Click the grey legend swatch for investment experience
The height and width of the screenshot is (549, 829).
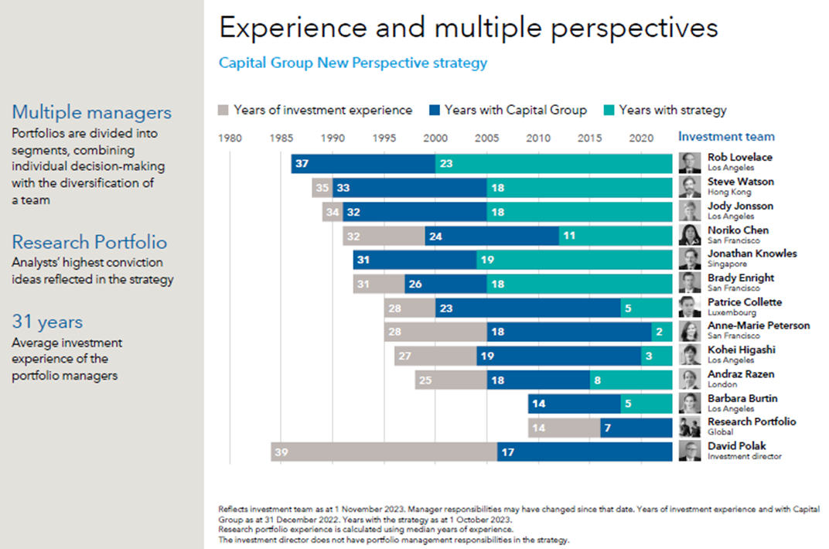click(x=224, y=111)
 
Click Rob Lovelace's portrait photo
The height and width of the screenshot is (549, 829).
click(x=690, y=163)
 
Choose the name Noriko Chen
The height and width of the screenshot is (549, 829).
click(x=738, y=230)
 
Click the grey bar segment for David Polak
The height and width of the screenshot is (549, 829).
click(x=384, y=452)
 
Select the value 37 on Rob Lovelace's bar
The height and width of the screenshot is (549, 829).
click(x=302, y=164)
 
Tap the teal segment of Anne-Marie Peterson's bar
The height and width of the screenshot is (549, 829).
click(x=662, y=332)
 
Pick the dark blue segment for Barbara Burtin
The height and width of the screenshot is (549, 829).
click(x=574, y=404)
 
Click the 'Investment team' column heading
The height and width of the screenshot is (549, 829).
click(x=726, y=137)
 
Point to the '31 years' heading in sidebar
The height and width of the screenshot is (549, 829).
click(x=47, y=322)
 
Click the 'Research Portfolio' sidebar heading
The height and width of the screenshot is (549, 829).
click(x=89, y=242)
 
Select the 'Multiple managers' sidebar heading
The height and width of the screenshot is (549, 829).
click(x=91, y=112)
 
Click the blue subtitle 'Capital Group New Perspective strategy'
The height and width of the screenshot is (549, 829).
click(x=353, y=63)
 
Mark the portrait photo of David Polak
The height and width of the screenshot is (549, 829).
click(x=690, y=452)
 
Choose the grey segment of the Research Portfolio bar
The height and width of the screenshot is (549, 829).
click(x=564, y=428)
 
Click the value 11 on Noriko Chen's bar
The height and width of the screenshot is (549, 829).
click(x=569, y=236)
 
